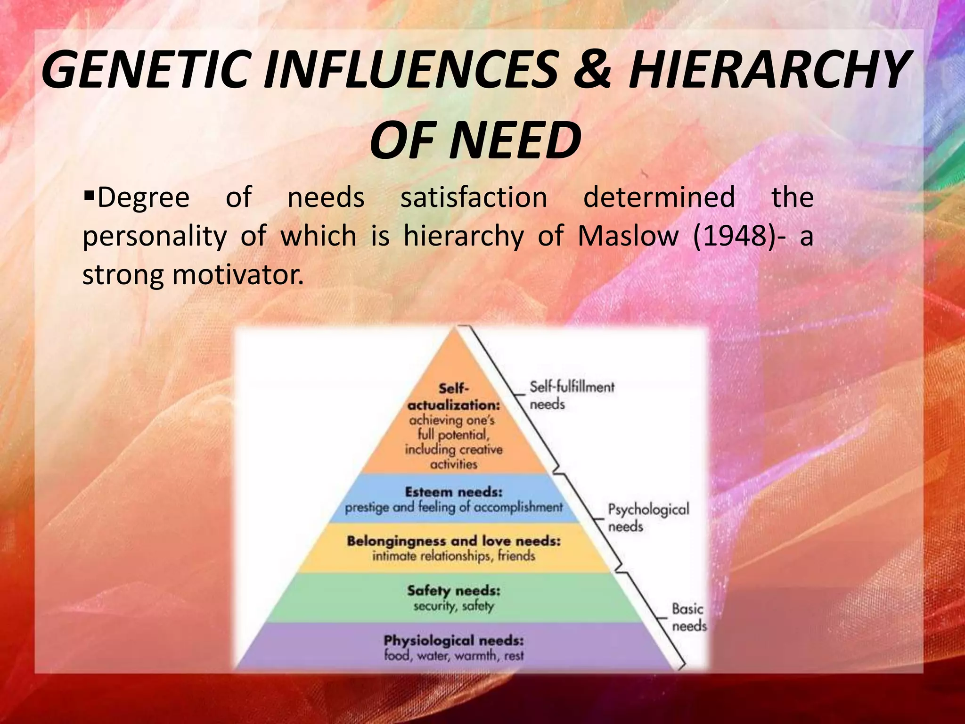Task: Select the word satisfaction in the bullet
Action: click(x=474, y=197)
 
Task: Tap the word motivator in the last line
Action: click(x=237, y=274)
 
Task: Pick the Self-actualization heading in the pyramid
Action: click(x=453, y=397)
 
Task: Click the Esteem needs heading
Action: click(x=453, y=492)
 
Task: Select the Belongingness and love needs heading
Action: click(x=453, y=541)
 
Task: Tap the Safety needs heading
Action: click(x=453, y=591)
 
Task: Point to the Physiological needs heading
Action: click(x=453, y=641)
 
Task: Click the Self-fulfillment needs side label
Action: click(x=572, y=395)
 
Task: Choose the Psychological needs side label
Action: click(x=648, y=517)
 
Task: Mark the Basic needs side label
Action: click(x=688, y=617)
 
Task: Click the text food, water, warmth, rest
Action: click(x=453, y=656)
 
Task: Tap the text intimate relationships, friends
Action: click(x=453, y=556)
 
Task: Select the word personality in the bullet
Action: click(x=155, y=236)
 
